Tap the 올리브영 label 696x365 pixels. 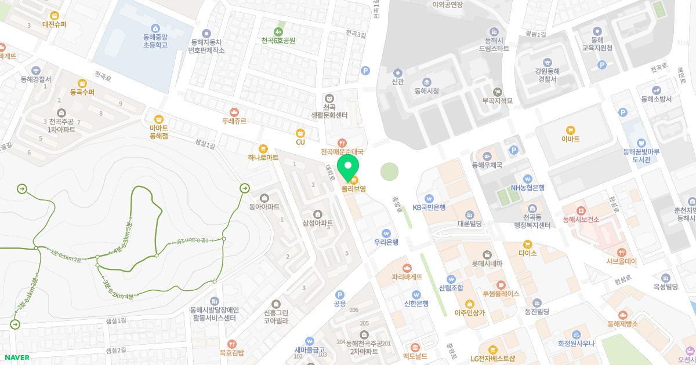coord(353,189)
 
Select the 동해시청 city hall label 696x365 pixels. coord(426,91)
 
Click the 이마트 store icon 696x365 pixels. coord(571,130)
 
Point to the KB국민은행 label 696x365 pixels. coord(429,207)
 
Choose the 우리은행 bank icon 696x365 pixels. coord(386,232)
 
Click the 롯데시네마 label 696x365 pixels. coord(486,264)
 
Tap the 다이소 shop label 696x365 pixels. coord(528,253)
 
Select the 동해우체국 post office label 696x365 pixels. coord(486,165)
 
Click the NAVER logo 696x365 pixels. coord(17,357)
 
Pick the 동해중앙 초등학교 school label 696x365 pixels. coord(155,40)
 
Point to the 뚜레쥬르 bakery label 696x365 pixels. coord(234,121)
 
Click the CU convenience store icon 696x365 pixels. coord(300,133)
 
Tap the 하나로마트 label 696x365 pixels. coord(263,157)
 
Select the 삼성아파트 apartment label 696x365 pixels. coord(317,223)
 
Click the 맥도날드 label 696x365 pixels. coord(415,356)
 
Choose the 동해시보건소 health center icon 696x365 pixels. coord(581,210)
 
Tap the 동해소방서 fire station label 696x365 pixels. coord(657,99)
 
